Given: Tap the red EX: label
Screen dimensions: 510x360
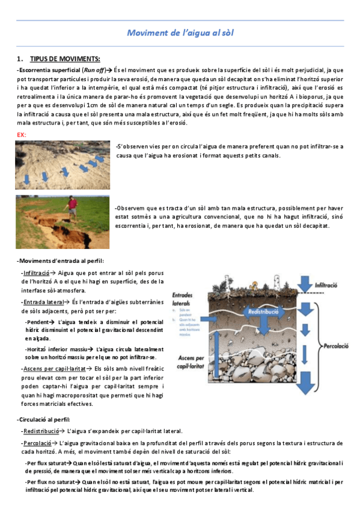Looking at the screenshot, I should point(22,136).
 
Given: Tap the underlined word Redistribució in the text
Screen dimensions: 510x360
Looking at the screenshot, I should point(41,431).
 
